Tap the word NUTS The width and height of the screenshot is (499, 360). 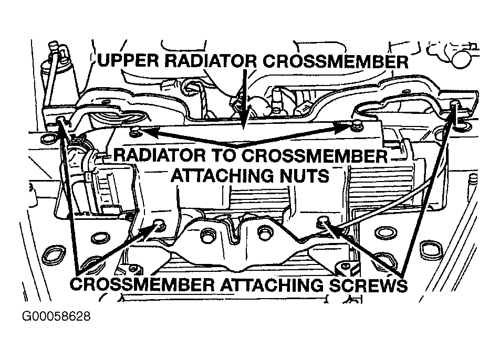point(302,174)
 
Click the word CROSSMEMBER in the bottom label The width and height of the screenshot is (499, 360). point(141,286)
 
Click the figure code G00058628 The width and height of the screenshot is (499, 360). point(56,317)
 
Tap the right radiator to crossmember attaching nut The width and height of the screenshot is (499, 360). point(357,125)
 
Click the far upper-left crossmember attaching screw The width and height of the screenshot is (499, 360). point(62,121)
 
